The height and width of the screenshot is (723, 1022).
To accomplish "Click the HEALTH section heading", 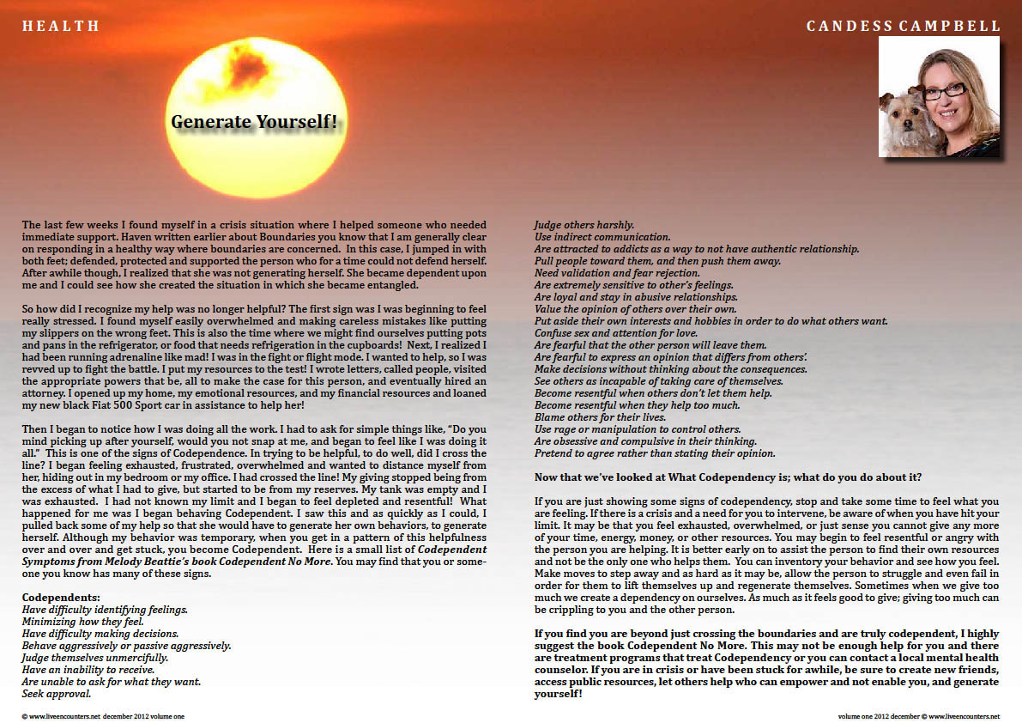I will (x=61, y=27).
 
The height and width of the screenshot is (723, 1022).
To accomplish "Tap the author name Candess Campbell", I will (x=903, y=27).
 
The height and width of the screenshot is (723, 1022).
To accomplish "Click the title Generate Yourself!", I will (x=254, y=121).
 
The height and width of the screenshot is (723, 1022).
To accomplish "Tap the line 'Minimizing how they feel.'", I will (x=82, y=621).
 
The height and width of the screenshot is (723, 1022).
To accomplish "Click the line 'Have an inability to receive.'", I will (x=88, y=669).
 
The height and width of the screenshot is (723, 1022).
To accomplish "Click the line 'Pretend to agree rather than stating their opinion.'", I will (x=655, y=453).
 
